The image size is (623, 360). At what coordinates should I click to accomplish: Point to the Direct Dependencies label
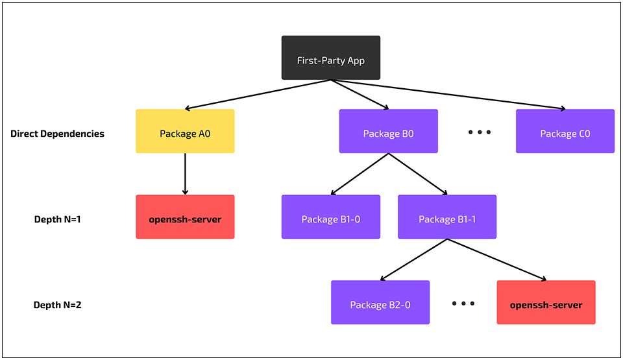57,134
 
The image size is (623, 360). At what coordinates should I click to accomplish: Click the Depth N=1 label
57,219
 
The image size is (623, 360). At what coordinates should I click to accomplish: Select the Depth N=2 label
57,305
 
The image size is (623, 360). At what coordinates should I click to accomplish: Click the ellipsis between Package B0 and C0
480,132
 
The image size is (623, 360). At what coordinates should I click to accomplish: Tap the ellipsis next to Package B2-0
463,304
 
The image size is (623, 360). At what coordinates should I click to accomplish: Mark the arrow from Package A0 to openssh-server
185,174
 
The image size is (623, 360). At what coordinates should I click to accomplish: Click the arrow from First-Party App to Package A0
258,95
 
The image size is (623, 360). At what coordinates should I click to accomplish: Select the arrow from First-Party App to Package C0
448,95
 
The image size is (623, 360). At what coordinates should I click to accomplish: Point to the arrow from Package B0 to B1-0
360,174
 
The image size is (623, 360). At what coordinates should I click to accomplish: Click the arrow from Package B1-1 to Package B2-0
413,259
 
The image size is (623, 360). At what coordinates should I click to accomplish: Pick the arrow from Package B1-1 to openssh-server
496,259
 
